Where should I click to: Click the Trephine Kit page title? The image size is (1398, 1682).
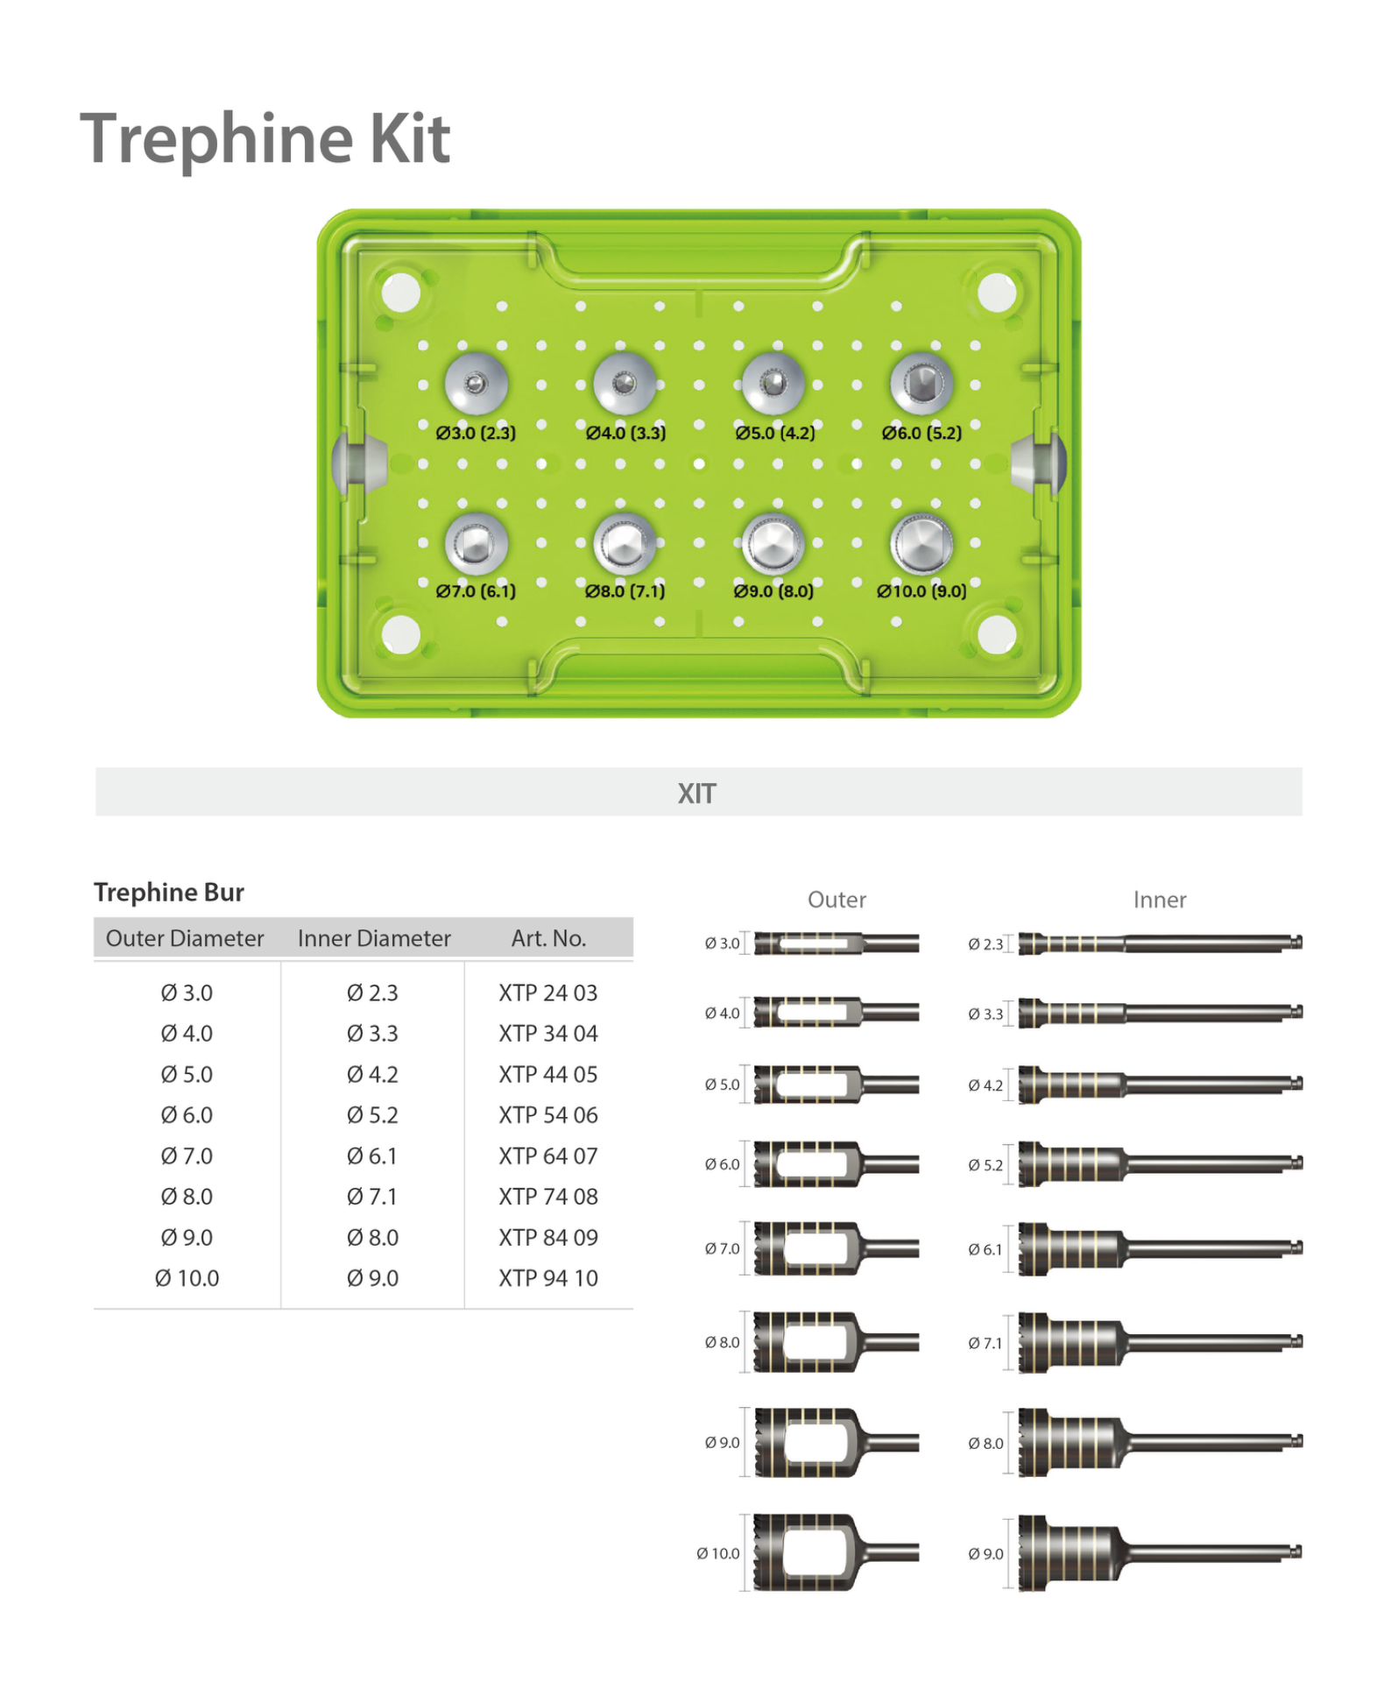click(265, 138)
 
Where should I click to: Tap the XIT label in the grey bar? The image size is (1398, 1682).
click(696, 794)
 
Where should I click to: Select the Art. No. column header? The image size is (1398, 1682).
click(548, 938)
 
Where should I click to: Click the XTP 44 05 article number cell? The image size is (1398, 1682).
click(548, 1074)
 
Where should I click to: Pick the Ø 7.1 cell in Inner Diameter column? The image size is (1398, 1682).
click(372, 1197)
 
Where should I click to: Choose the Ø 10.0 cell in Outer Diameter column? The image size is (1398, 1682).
click(187, 1278)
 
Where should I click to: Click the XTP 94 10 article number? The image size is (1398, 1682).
click(548, 1278)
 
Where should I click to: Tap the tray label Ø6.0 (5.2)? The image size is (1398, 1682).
click(921, 433)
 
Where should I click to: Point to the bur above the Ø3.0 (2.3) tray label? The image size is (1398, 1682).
click(476, 384)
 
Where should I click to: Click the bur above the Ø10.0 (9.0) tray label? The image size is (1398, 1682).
click(921, 543)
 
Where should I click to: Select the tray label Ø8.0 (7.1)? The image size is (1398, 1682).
click(625, 591)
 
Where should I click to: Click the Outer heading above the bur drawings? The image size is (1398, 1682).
click(837, 900)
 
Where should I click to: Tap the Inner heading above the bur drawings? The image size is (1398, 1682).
click(1159, 900)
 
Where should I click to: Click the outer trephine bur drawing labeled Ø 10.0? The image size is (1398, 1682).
click(832, 1552)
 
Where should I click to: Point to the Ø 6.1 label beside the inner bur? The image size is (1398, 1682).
click(985, 1249)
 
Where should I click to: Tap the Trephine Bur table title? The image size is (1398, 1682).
click(169, 892)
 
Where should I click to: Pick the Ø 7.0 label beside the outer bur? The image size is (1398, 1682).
click(722, 1248)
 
